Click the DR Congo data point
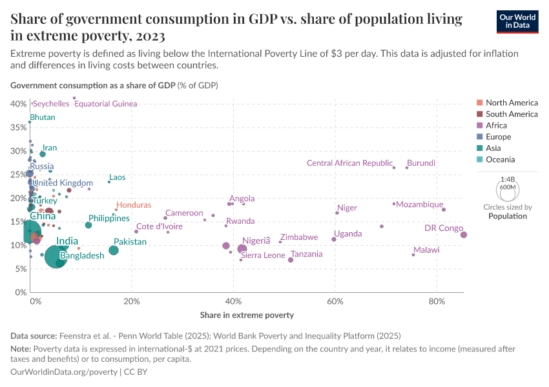pyautogui.click(x=464, y=235)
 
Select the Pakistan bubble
pyautogui.click(x=114, y=250)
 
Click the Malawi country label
pyautogui.click(x=426, y=250)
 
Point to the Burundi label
pyautogui.click(x=421, y=163)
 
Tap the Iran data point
pyautogui.click(x=43, y=154)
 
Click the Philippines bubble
pyautogui.click(x=88, y=225)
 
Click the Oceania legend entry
pyautogui.click(x=500, y=159)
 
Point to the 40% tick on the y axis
pyautogui.click(x=18, y=104)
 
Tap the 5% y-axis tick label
pyautogui.click(x=20, y=269)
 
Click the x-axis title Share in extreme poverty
pyautogui.click(x=247, y=315)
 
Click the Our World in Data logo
pyautogui.click(x=519, y=21)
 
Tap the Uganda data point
pyautogui.click(x=334, y=239)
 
